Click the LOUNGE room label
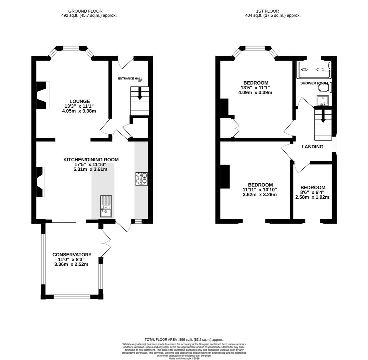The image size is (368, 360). coord(79,101)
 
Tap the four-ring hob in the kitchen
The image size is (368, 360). coord(141,179)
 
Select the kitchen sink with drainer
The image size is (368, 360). coord(106,206)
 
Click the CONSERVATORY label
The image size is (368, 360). coord(72,255)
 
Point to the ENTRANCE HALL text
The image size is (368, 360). coord(130,79)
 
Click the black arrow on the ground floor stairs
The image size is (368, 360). coord(140,93)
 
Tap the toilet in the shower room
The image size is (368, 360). coord(325,88)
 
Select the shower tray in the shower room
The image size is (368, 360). coord(314,69)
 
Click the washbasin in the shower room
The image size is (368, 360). coord(323,100)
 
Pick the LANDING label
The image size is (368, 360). coord(312,147)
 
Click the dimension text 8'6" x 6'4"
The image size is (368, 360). coord(312,192)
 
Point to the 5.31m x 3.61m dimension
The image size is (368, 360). coord(90,169)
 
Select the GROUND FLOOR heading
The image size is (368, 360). coord(85,11)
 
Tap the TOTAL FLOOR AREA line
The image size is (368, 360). coord(184,340)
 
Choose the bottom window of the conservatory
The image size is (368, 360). coord(72,297)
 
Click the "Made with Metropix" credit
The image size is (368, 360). coord(184,359)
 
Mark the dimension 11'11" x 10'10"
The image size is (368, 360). coord(260,190)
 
